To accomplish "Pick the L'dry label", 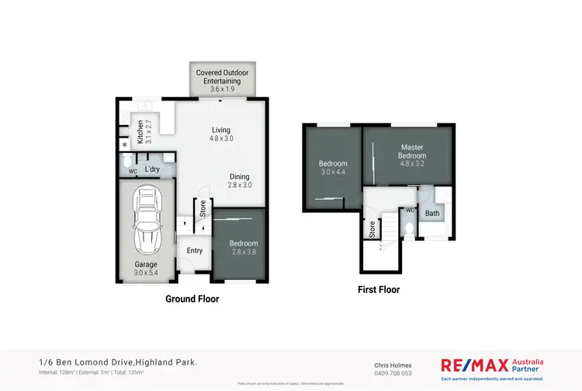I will (x=152, y=168).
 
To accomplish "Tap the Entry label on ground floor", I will (x=194, y=250).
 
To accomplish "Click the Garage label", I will (x=146, y=264).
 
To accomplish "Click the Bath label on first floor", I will (x=432, y=212).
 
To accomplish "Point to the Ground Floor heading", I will (x=192, y=298).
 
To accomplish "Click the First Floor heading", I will (x=379, y=289).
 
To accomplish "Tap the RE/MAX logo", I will (x=473, y=365).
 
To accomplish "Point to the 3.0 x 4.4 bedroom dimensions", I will (x=333, y=171).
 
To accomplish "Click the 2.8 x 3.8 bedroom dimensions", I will (x=243, y=252).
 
